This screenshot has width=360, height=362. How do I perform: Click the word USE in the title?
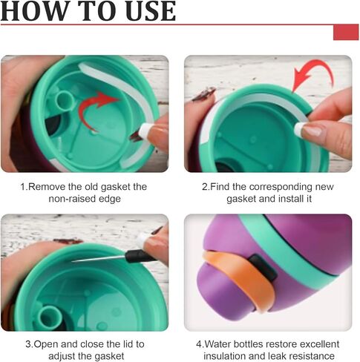tap(151, 10)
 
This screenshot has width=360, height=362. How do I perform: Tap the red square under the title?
tap(346, 32)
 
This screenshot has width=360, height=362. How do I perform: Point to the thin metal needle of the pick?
tap(99, 259)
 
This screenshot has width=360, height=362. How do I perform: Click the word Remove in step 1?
tap(47, 187)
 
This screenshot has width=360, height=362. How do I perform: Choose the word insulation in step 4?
tap(225, 356)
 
